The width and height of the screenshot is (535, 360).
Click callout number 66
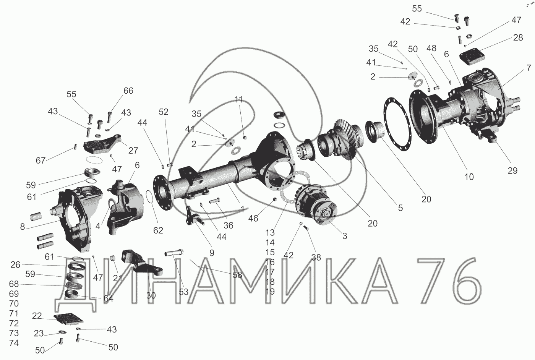click(128, 91)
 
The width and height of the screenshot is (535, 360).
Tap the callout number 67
click(41, 160)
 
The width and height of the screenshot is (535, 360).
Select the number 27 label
click(133, 151)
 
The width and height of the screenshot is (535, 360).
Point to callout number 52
click(164, 112)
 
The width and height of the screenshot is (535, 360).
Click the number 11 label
click(238, 99)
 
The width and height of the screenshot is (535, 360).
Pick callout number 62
click(158, 230)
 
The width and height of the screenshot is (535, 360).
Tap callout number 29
click(512, 170)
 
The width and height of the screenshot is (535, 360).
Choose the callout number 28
click(518, 37)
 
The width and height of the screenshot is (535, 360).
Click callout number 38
click(316, 257)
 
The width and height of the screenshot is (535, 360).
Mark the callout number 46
click(253, 218)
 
